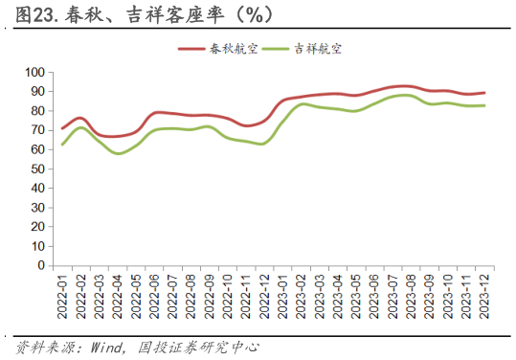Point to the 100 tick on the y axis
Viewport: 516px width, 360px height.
[x=35, y=72]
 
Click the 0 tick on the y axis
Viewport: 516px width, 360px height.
[x=42, y=266]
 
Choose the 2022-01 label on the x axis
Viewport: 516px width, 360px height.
[x=63, y=297]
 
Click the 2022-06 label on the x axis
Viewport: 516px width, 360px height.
[x=159, y=297]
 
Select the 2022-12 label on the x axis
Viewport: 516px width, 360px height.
[x=275, y=297]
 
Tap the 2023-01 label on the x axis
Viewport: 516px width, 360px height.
[x=294, y=297]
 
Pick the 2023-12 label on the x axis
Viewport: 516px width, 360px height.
[x=483, y=297]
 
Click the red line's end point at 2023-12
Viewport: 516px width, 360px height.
[x=484, y=93]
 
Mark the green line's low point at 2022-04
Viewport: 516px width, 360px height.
[x=120, y=153]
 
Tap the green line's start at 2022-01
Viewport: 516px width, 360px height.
[x=62, y=145]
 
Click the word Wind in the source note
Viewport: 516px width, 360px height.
[x=108, y=346]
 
